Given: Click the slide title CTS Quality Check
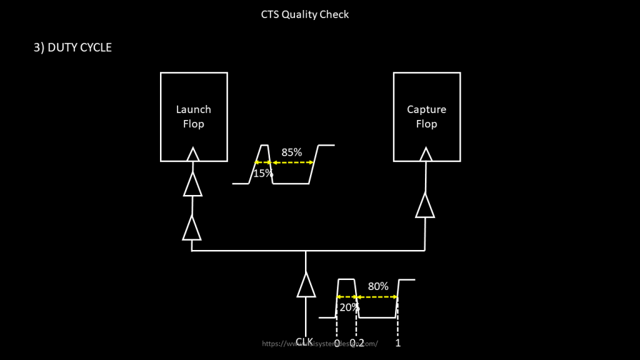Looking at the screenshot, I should (305, 14).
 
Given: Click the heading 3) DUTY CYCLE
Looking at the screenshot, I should (72, 47).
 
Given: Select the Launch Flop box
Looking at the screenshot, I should (194, 116).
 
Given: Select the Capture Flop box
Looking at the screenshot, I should (426, 116).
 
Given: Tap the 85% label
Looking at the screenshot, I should (292, 152).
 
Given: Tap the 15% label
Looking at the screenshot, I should (263, 173).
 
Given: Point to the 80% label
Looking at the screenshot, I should (378, 286).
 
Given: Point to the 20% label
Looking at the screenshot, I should (349, 307).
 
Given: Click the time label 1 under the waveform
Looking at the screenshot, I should (398, 343).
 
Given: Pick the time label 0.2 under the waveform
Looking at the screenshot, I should (357, 343).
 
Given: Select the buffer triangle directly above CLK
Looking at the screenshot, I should (306, 285).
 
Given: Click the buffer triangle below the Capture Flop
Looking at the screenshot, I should (425, 206).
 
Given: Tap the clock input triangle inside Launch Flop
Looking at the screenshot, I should (193, 154).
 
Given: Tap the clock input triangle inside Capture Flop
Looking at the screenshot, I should (426, 154).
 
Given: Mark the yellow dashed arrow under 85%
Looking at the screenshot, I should (292, 162).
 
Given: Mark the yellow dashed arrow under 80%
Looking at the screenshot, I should (377, 297).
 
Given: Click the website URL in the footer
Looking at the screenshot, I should (320, 343).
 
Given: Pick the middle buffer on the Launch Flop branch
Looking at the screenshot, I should (192, 184).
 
